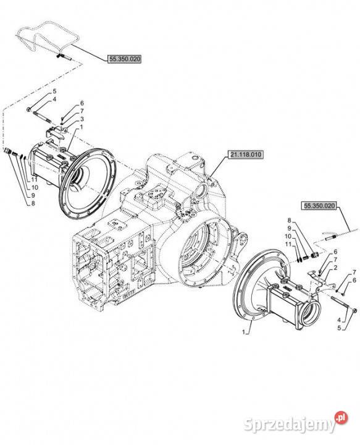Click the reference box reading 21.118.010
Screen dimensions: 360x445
coord(245,155)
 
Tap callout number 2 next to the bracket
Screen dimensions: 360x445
coord(335,268)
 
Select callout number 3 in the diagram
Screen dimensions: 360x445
coord(82,119)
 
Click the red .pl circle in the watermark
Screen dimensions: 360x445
coord(341,417)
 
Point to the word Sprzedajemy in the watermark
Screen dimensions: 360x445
coord(289,425)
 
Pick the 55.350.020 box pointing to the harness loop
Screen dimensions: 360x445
coord(124,59)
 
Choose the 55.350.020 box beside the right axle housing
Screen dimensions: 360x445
coord(319,206)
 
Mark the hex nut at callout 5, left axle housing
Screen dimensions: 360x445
coord(29,109)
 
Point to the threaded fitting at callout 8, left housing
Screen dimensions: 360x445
coord(7,150)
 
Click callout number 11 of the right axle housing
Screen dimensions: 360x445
coord(288,244)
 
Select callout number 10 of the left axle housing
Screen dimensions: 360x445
coord(35,188)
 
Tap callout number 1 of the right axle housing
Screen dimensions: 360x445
coord(243,332)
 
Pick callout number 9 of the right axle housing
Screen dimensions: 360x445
coord(289,228)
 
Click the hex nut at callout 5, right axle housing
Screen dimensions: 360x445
coord(355,311)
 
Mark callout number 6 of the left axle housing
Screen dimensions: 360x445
coord(82,103)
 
